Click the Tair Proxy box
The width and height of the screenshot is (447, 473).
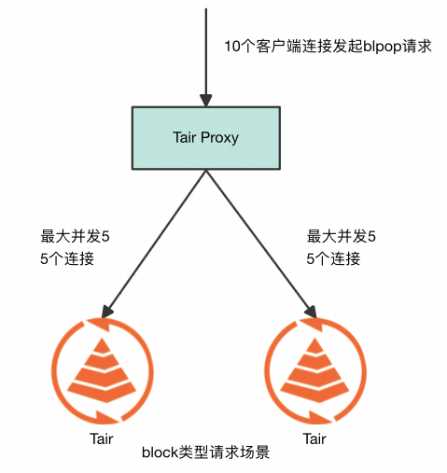pyautogui.click(x=206, y=137)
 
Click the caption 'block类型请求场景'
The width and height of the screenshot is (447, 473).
pyautogui.click(x=206, y=453)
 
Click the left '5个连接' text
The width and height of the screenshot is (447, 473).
pyautogui.click(x=67, y=259)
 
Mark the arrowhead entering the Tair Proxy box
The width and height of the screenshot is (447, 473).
pyautogui.click(x=206, y=99)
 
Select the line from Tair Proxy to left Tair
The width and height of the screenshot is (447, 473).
pyautogui.click(x=157, y=239)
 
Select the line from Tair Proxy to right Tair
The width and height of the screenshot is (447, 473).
pyautogui.click(x=257, y=239)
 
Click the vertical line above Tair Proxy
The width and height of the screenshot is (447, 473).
pyautogui.click(x=206, y=47)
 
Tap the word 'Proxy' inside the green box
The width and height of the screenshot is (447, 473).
pyautogui.click(x=220, y=137)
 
